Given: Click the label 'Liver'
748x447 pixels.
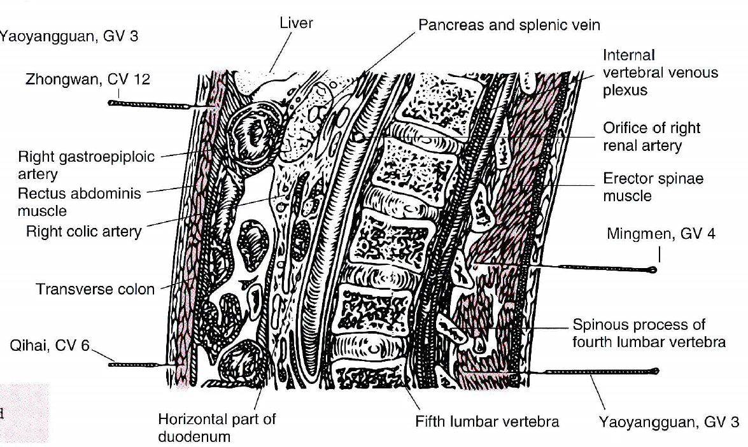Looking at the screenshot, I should [297, 24].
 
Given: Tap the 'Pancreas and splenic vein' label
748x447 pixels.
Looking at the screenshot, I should [509, 25].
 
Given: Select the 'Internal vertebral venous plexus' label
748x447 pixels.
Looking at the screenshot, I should [660, 73].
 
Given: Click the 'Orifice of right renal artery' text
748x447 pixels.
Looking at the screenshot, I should [651, 136].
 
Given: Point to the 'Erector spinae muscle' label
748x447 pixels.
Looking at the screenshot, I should [653, 187].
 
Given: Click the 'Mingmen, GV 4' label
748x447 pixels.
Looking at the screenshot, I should [661, 234].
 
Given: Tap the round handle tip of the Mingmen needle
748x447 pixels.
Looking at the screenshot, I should [652, 270].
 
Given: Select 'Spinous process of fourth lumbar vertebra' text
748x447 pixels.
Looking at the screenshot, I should [649, 333].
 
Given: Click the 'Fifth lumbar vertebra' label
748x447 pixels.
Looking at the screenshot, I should [487, 422].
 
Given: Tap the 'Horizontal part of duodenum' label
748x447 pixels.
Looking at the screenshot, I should [216, 428].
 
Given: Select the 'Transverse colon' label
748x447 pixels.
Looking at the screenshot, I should [95, 289].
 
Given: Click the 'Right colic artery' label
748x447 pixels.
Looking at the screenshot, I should [83, 231].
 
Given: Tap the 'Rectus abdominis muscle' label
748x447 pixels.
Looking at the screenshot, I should [80, 201].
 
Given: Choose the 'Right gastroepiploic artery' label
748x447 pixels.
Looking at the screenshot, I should [86, 165].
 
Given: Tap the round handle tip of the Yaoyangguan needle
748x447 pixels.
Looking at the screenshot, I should [656, 371].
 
